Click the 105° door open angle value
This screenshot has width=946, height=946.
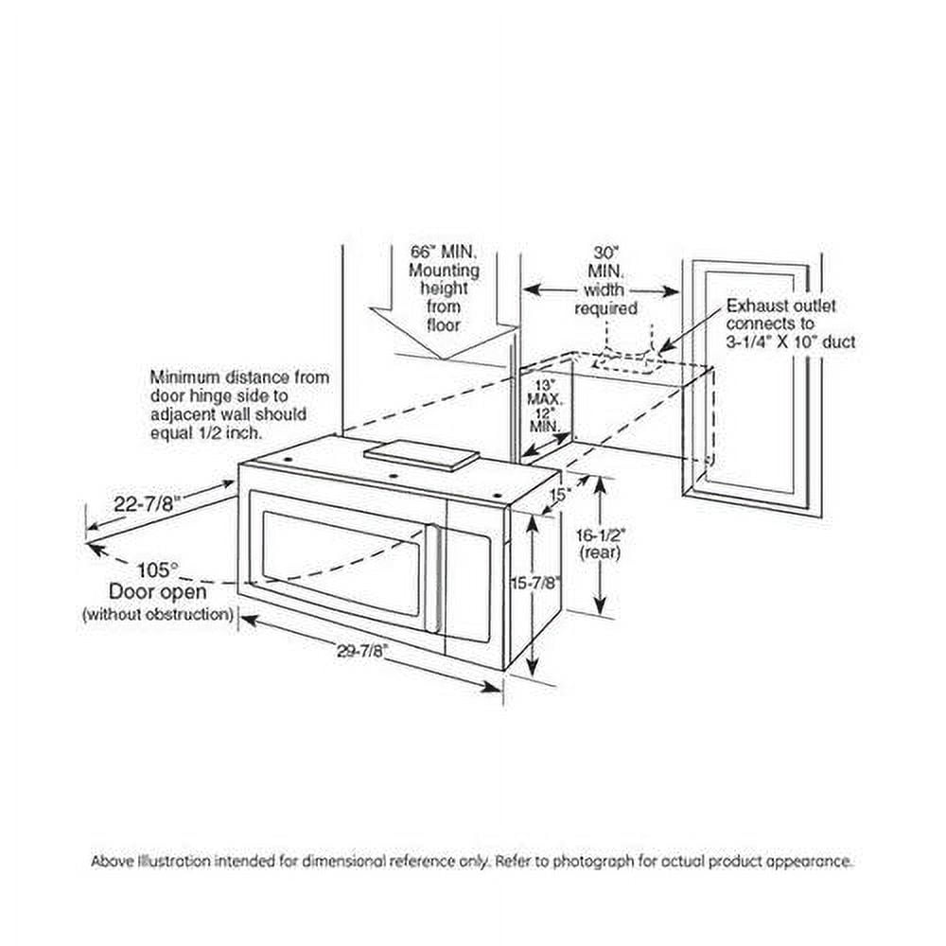click(155, 570)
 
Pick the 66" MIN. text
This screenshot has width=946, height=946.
click(443, 253)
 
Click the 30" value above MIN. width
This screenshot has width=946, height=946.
click(604, 253)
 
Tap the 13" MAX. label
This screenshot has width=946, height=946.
click(544, 392)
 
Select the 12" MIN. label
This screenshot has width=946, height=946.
click(544, 420)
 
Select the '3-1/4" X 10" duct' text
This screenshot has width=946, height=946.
click(790, 342)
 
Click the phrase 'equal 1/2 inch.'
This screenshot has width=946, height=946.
click(206, 431)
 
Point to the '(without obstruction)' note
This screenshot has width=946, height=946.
click(157, 614)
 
